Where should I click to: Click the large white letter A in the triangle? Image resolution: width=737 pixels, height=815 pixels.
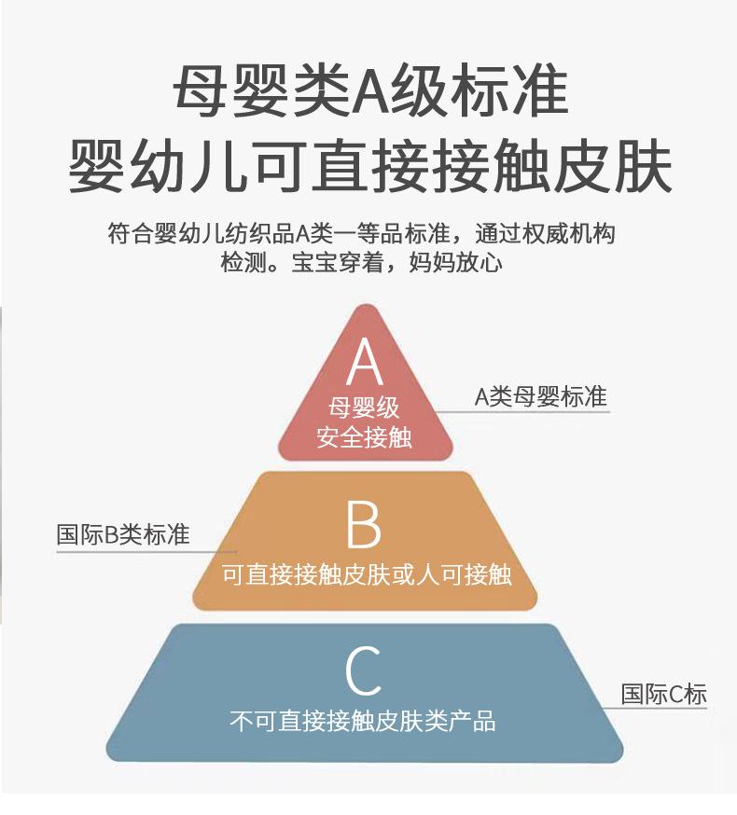(x=365, y=363)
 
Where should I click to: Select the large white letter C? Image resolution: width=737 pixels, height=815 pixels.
(x=363, y=671)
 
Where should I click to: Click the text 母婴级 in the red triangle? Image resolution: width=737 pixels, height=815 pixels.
(x=364, y=408)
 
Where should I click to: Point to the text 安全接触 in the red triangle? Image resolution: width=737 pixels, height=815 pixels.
(x=364, y=436)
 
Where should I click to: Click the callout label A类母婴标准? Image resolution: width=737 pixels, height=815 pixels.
(x=541, y=396)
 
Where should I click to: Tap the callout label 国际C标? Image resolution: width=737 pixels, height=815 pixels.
(x=664, y=694)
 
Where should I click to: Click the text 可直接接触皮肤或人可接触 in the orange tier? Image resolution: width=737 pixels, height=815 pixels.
(x=367, y=573)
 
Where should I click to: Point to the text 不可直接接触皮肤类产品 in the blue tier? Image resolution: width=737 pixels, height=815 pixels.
(x=363, y=720)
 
